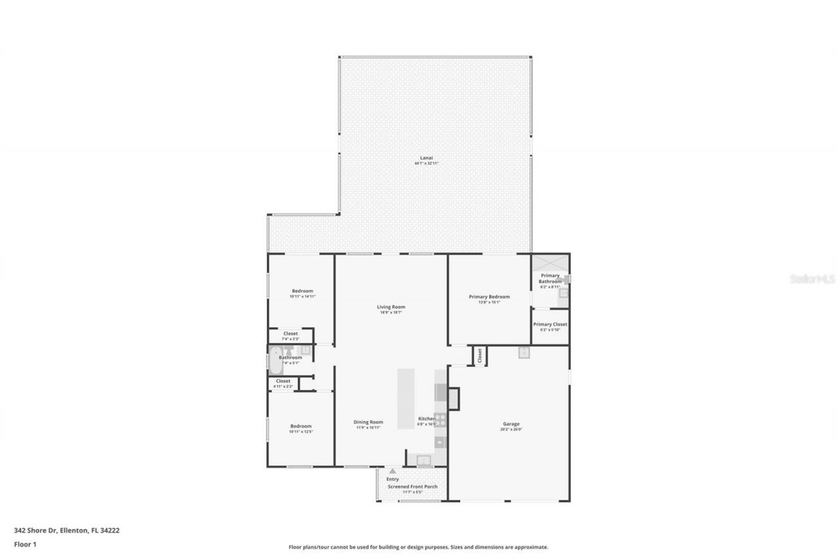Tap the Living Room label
pos(391,307)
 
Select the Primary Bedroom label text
pos(489,297)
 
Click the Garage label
pos(511,423)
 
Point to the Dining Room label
pos(368,422)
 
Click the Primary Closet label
pos(550,324)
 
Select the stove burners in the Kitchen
pos(441,419)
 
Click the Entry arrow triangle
pos(392,470)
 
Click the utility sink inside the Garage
pos(524,353)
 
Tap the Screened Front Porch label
pos(413,487)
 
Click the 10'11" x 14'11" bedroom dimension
pos(302,297)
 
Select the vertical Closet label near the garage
pos(479,355)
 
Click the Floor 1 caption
pos(25,544)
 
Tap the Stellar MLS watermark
pos(812,279)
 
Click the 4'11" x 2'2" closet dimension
pos(283,387)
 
